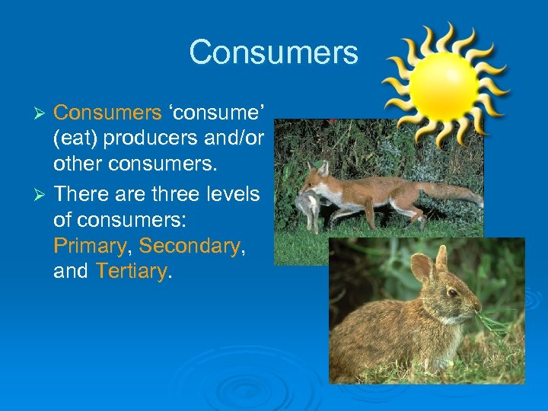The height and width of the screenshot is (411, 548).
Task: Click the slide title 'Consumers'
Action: coord(273,53)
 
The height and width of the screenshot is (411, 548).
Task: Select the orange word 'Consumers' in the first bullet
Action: coord(107,113)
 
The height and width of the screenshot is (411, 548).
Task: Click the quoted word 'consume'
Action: coord(216,113)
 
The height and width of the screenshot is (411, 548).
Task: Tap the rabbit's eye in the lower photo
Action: coord(453,292)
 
